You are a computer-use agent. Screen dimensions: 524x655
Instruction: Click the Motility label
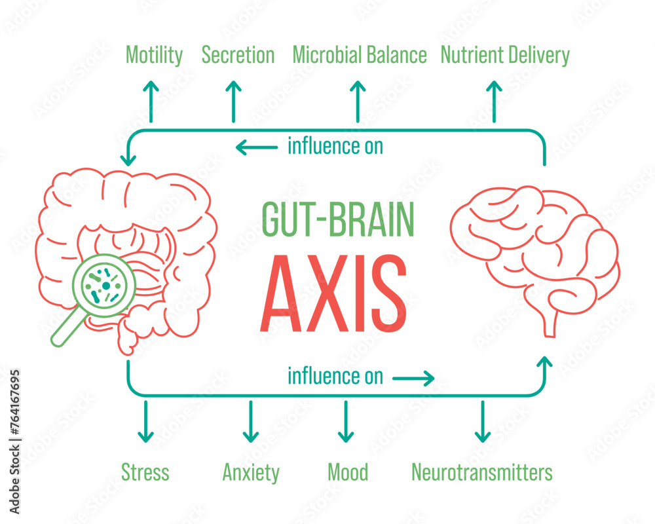click(154, 56)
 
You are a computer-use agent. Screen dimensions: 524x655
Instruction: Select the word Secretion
click(238, 56)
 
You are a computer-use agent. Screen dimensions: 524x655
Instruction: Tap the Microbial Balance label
click(360, 56)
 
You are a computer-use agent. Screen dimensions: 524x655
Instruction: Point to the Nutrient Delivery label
click(505, 56)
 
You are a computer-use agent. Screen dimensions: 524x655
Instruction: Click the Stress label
click(145, 472)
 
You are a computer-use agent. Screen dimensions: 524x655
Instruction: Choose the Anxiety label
click(251, 472)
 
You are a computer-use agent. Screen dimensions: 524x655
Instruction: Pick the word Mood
click(348, 472)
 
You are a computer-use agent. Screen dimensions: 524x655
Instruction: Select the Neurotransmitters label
click(482, 472)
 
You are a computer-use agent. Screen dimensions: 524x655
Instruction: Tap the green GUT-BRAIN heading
click(338, 219)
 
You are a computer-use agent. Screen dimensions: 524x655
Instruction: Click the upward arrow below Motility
click(151, 101)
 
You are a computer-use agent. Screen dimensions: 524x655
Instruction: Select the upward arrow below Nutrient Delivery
click(495, 101)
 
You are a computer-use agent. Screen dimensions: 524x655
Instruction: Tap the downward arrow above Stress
click(145, 422)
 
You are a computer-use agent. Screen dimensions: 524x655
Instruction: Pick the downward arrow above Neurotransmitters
click(483, 422)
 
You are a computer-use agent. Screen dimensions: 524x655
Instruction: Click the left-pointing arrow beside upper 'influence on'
click(256, 148)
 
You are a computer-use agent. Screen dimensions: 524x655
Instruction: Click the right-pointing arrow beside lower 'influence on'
click(413, 377)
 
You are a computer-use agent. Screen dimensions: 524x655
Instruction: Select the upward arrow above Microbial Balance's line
click(358, 101)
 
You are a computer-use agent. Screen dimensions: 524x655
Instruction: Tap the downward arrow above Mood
click(346, 422)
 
